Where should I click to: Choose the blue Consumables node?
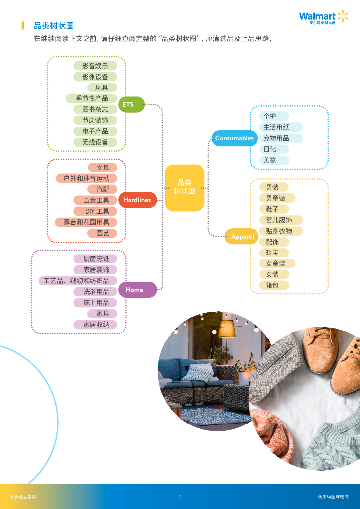point(234,138)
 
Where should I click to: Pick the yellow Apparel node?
point(243,237)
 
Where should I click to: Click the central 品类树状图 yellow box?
point(184,187)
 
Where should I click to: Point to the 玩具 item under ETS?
point(102,87)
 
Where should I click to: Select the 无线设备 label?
point(95,142)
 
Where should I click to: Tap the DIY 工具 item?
point(97,211)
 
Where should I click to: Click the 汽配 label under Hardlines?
point(103,189)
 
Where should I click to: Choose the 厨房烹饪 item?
point(96,259)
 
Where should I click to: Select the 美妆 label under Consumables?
point(270,160)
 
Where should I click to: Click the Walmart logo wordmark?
point(317,16)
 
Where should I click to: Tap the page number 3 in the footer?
point(180,497)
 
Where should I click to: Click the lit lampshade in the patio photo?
point(226,329)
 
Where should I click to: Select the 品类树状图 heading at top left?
point(54,26)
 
